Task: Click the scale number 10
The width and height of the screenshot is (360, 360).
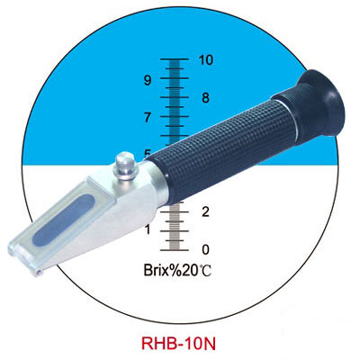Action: pos(206,60)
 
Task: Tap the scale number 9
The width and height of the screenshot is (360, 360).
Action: pos(148,80)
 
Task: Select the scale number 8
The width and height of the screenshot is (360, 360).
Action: pos(205,98)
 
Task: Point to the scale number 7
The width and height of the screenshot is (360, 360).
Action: pos(148,117)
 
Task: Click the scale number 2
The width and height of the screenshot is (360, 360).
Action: pos(205,211)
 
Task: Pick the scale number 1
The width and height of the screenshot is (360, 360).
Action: pos(148,230)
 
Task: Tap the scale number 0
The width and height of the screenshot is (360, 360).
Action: pos(205,249)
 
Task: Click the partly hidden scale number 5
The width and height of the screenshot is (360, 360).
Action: pos(148,153)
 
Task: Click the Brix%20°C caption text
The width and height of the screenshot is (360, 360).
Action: pos(177,270)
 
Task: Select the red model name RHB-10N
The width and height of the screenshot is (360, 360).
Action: pos(178,344)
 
